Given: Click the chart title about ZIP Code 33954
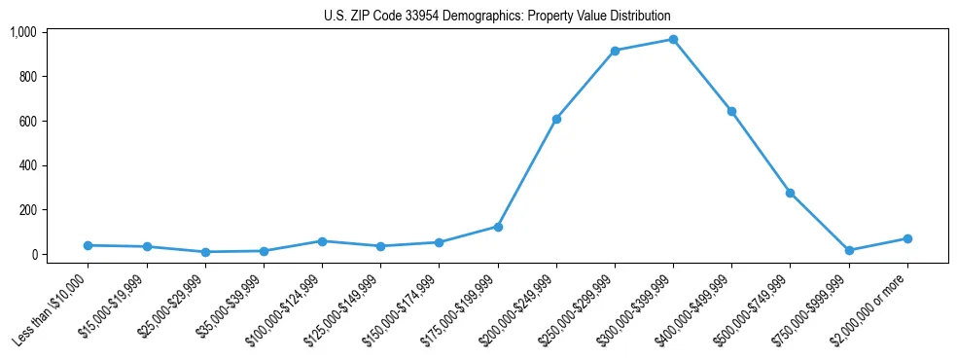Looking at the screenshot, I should click(497, 17).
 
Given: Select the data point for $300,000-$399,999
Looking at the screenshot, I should click(673, 40).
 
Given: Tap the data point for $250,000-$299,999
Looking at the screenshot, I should click(615, 51).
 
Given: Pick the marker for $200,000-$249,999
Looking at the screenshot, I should click(556, 119).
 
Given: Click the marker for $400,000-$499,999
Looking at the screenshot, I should click(731, 111).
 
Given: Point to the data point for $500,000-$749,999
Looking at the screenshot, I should click(790, 193).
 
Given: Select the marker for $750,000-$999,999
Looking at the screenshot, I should click(849, 250).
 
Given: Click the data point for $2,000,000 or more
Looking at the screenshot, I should click(907, 238).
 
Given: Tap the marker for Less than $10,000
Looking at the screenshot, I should click(88, 245).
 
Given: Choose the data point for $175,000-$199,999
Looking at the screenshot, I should click(498, 227).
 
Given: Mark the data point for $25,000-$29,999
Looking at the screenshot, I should click(205, 252).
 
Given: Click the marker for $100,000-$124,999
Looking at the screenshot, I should click(322, 240).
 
